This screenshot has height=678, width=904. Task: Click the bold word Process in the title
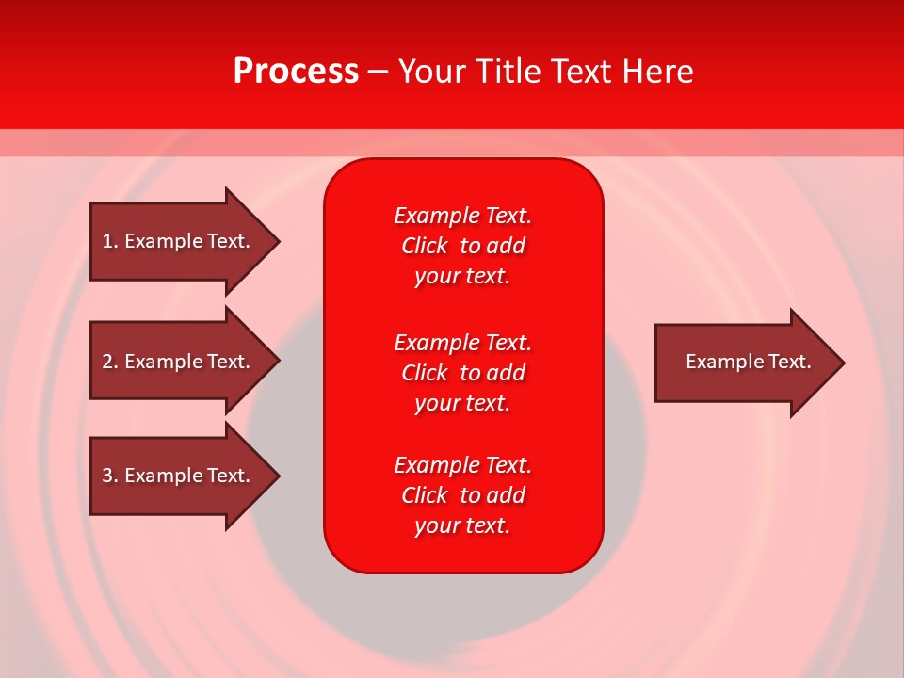click(296, 72)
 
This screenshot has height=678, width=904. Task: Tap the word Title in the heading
click(508, 72)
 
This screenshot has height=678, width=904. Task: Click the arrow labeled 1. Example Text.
click(179, 241)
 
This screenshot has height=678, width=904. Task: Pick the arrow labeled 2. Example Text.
click(179, 362)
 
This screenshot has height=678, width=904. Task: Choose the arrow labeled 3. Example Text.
click(179, 476)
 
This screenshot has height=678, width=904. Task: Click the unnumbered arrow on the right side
click(744, 362)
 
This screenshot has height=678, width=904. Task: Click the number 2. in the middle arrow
click(109, 362)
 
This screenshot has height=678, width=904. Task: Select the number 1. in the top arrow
click(109, 241)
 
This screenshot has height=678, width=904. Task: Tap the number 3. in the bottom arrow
click(109, 476)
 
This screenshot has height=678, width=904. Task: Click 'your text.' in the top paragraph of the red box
click(462, 276)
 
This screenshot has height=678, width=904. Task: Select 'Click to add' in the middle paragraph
click(462, 373)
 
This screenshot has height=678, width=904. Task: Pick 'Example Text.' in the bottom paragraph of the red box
click(462, 465)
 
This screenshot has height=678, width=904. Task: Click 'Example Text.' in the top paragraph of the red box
click(462, 216)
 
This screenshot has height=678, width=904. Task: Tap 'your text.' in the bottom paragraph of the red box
click(462, 525)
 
